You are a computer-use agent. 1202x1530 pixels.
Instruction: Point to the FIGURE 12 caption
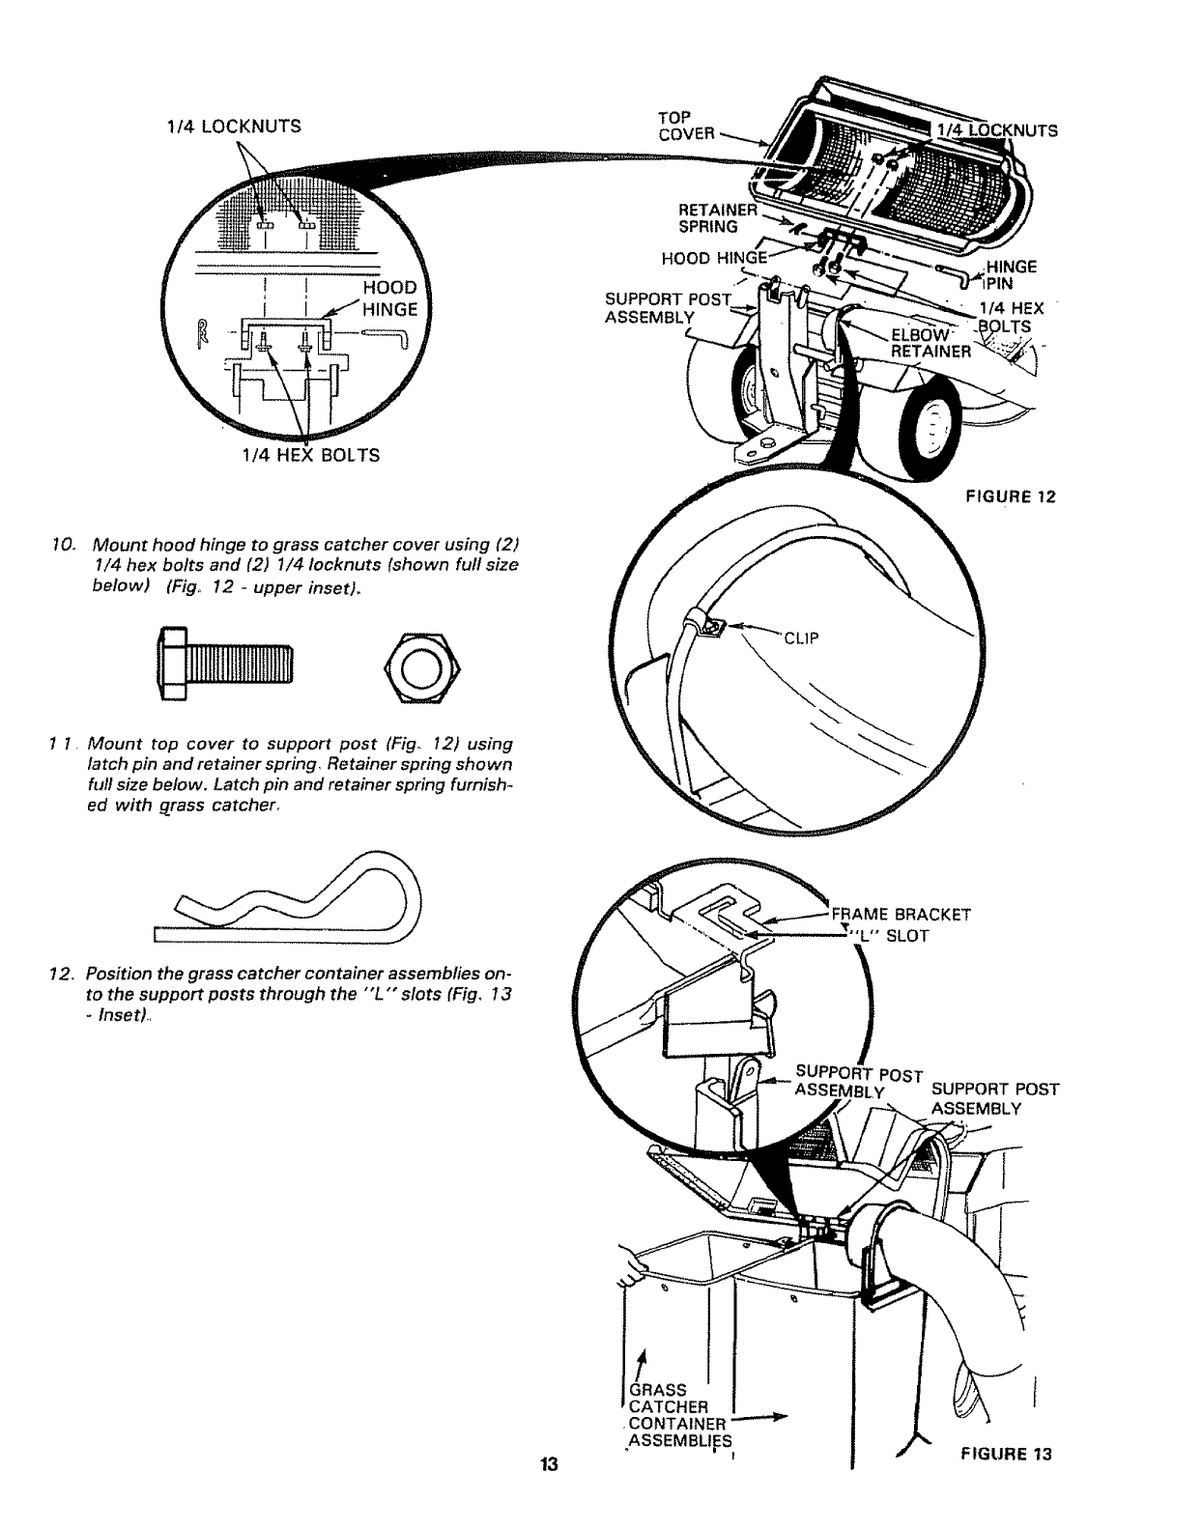point(1011,497)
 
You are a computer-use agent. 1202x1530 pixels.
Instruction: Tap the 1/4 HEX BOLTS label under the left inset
point(297,455)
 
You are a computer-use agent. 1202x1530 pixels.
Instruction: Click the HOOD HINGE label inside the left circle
point(390,298)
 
